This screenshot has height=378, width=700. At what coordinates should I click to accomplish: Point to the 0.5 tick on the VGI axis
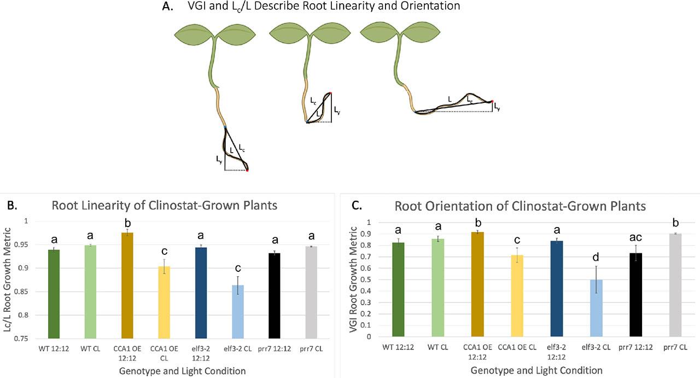pos(376,280)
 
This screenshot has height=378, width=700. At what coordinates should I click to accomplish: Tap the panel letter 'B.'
pos(12,206)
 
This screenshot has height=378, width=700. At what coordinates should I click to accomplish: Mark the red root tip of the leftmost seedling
pos(247,171)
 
